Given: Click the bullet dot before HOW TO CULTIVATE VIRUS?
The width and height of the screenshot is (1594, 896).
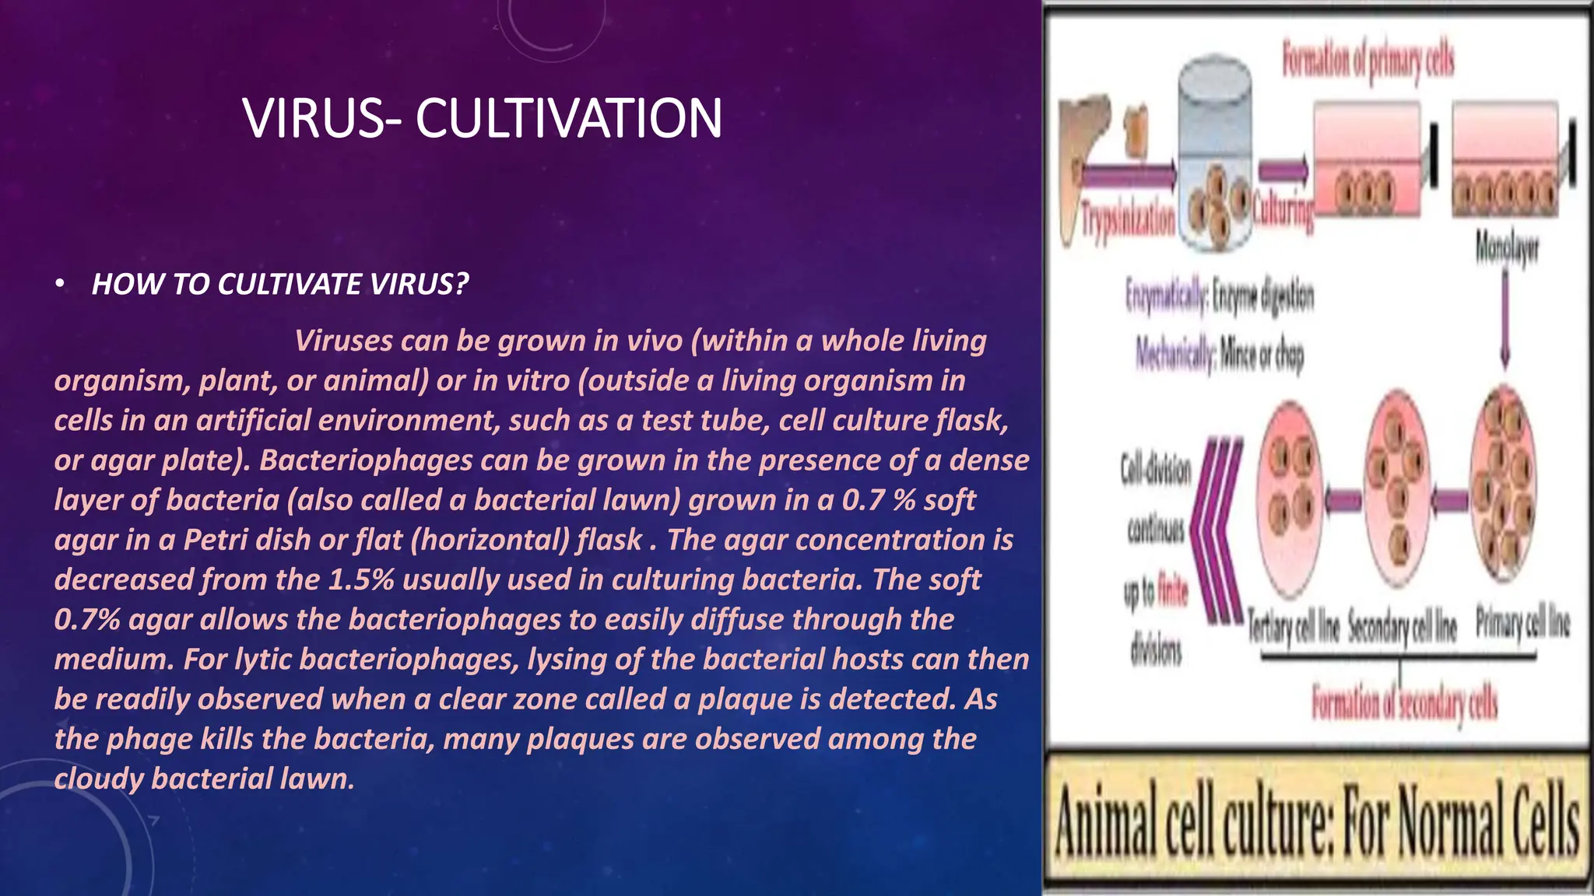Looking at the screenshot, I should tap(60, 285).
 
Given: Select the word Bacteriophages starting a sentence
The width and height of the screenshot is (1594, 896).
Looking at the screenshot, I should tap(366, 460).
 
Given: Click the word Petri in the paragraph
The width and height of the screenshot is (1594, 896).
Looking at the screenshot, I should tap(215, 541).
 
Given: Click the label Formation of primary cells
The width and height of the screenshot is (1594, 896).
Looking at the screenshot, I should tap(1368, 60).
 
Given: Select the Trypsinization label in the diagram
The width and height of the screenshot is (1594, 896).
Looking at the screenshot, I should tap(1129, 219).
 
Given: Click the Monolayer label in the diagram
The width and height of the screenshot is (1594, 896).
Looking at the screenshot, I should tap(1508, 249).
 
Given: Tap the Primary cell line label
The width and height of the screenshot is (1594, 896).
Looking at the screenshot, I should tap(1523, 624).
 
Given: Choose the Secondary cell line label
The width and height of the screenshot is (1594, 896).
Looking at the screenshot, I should tap(1402, 626).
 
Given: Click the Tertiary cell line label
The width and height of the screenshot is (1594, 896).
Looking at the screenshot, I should tap(1293, 626).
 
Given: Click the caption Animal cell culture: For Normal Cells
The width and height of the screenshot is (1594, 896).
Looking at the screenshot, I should tap(1317, 827).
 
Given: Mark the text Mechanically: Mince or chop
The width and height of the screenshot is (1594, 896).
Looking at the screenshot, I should tap(1220, 354).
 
